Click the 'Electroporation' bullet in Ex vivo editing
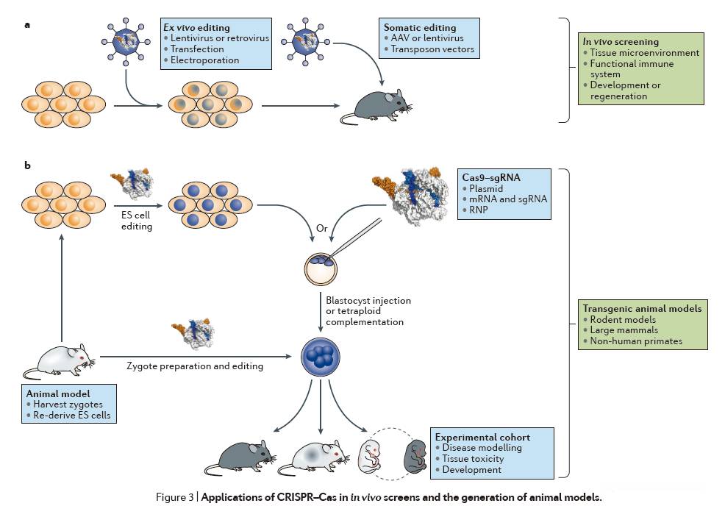point(204,60)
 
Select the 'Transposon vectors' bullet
point(432,49)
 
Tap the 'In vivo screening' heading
point(621,41)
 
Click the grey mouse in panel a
point(376,106)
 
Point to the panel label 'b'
point(28,165)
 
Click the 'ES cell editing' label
point(137,221)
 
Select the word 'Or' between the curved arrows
point(322,228)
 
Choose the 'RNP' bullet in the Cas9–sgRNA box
point(479,210)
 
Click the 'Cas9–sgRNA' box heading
point(491,177)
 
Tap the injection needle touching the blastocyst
point(355,238)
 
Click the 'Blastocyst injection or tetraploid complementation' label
point(368,311)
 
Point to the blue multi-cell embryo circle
point(321,357)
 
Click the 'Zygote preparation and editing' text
point(195,366)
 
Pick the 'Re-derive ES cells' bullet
point(71,415)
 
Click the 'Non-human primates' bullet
point(636,341)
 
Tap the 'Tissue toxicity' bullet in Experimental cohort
point(473,458)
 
